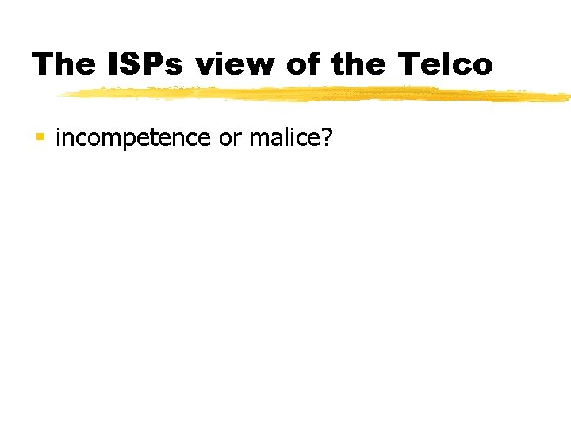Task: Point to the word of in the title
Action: tap(305, 64)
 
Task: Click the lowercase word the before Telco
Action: tap(359, 64)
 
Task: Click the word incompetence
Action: tap(132, 139)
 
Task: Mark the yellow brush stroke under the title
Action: tap(317, 94)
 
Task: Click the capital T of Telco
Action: tap(408, 64)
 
